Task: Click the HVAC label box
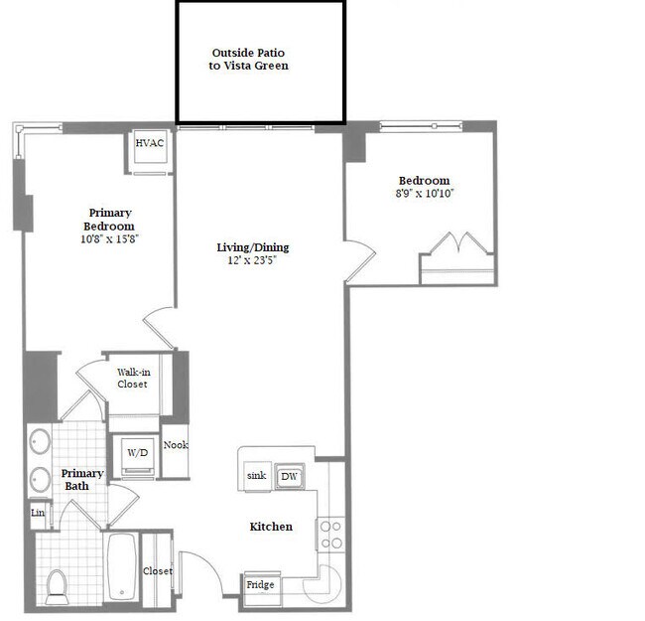click(150, 143)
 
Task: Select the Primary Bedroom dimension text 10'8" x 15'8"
click(110, 239)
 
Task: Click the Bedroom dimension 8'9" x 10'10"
click(425, 194)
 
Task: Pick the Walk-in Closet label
click(133, 378)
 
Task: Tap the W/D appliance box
click(135, 453)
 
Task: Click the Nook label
click(176, 445)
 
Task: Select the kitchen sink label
click(256, 477)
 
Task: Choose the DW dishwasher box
click(289, 477)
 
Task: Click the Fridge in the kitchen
click(260, 585)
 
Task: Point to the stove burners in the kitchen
click(330, 535)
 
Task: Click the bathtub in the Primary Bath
click(120, 567)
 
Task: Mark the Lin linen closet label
click(38, 513)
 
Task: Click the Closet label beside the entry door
click(157, 571)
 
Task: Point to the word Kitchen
click(270, 526)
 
